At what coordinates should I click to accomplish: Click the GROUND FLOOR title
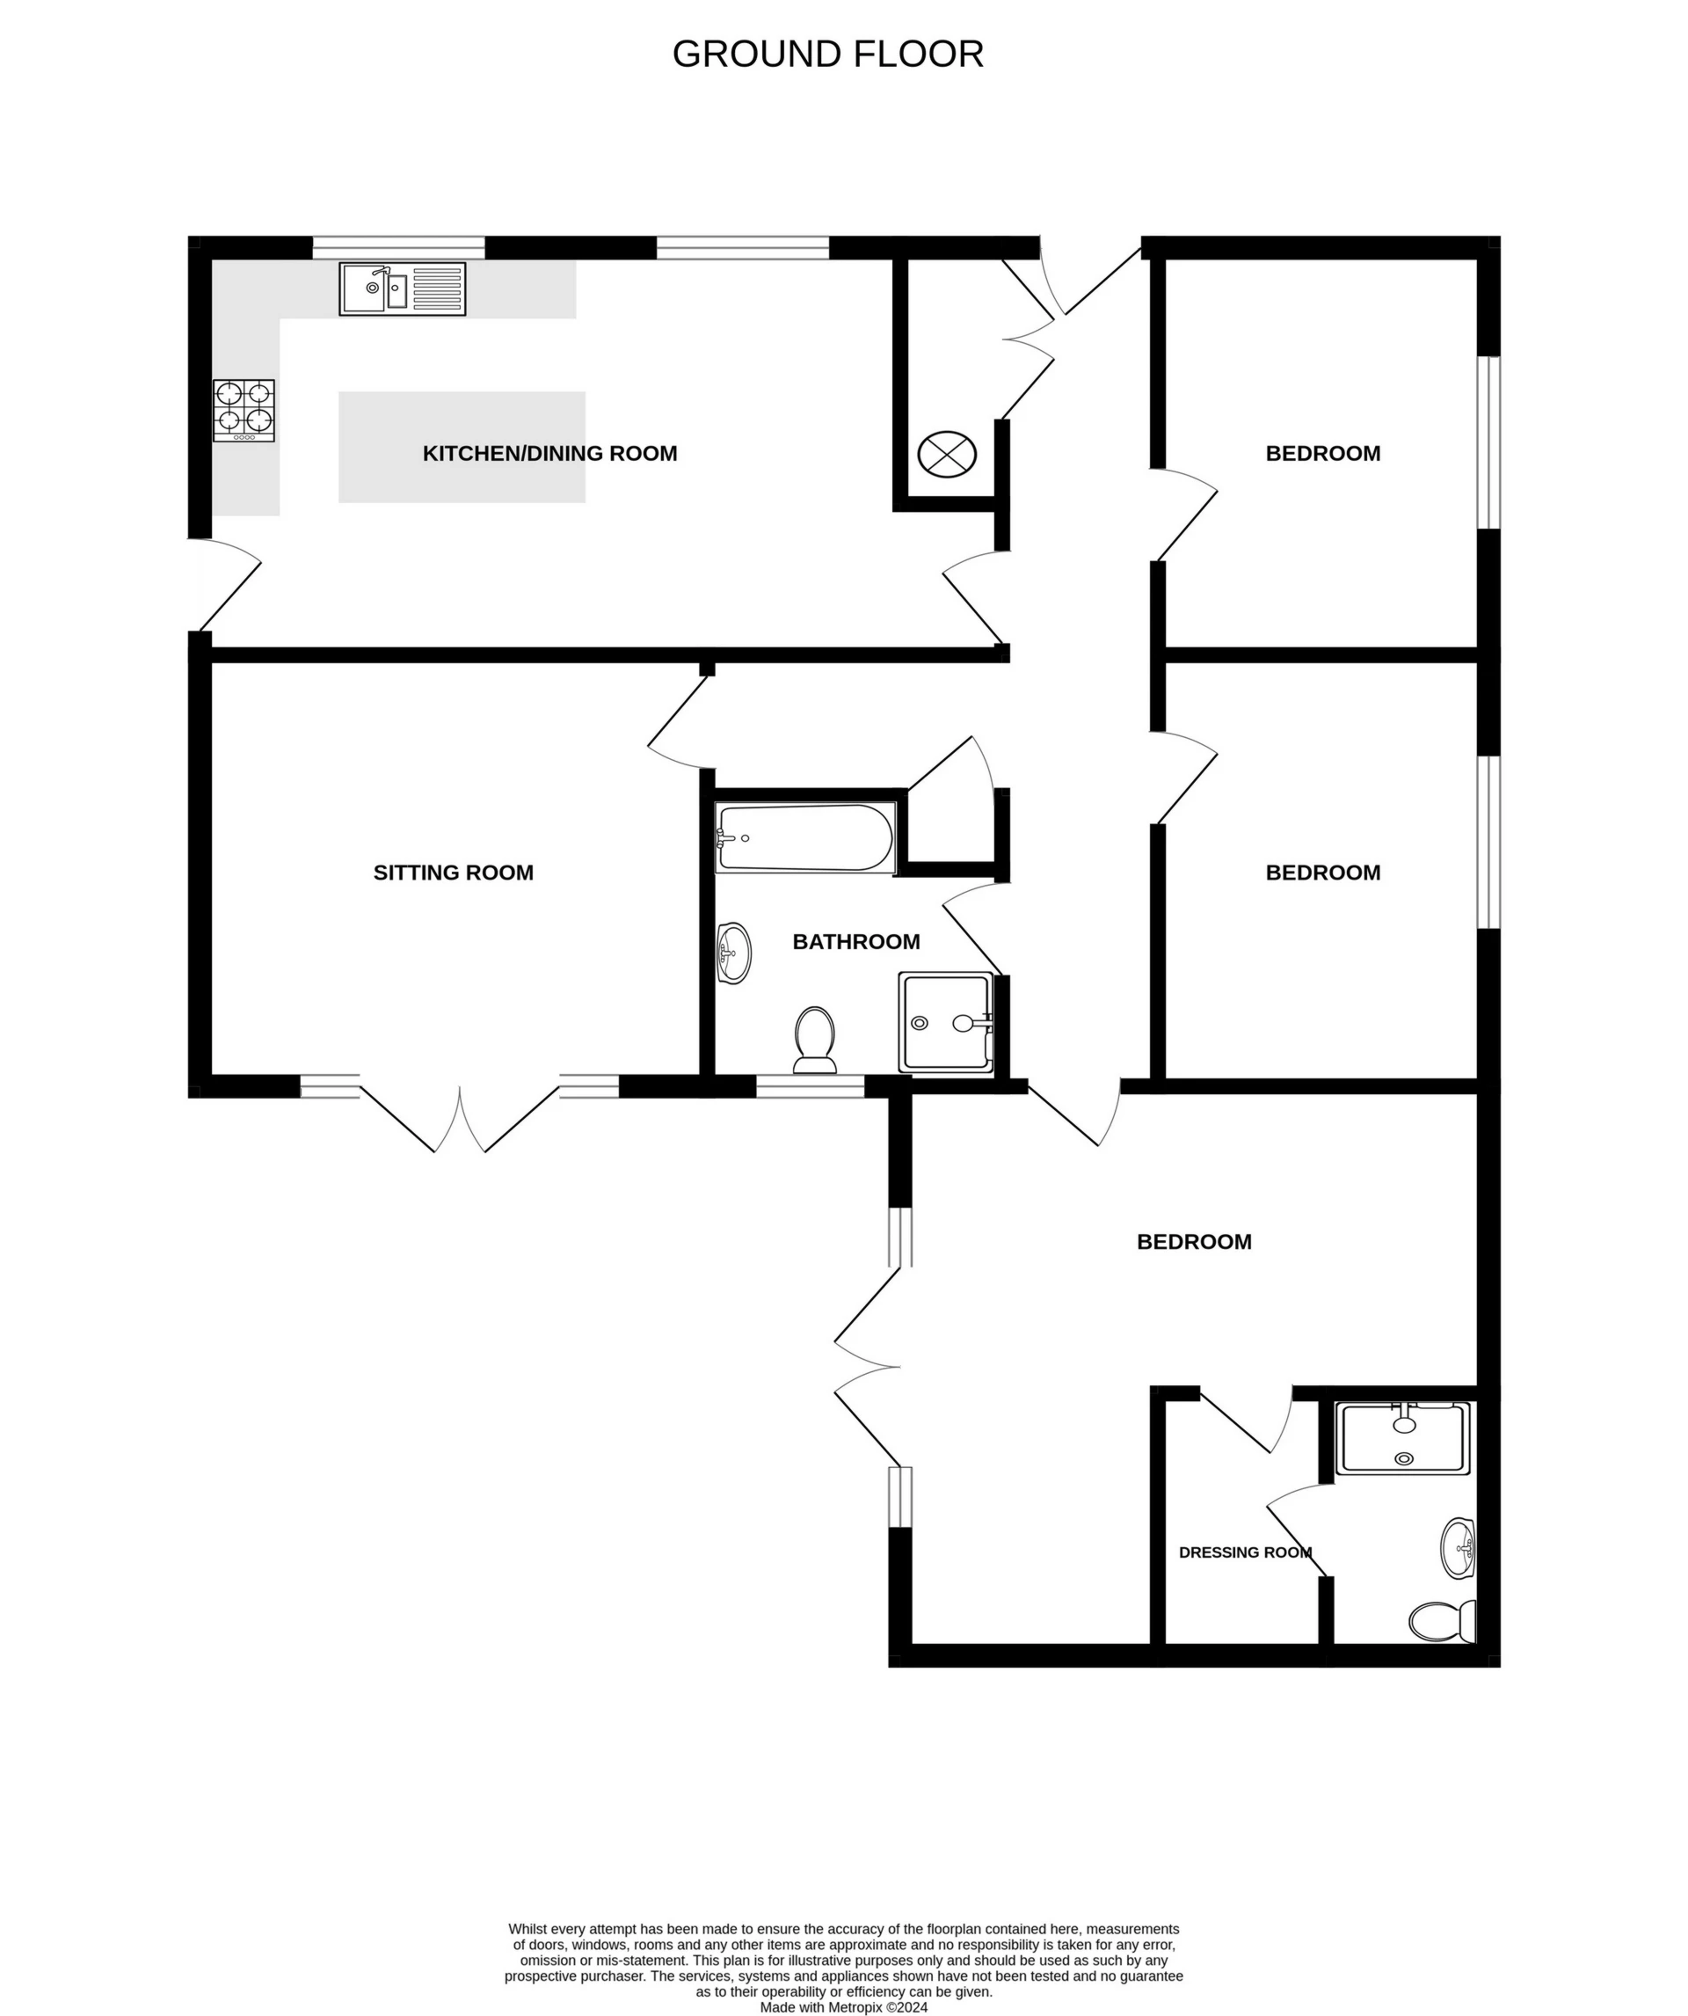click(827, 55)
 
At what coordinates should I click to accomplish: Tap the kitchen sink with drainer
click(402, 289)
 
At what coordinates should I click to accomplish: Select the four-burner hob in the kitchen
click(244, 410)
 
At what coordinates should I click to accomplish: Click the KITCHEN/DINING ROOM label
click(549, 453)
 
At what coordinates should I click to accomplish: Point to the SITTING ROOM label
click(453, 873)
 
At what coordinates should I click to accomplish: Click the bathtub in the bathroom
click(805, 838)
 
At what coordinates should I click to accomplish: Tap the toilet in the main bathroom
click(815, 1040)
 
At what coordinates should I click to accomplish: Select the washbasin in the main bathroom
click(734, 953)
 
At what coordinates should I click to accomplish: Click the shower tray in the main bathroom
click(945, 1022)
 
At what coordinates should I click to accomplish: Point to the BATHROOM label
click(856, 942)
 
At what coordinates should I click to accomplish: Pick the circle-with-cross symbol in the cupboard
click(946, 453)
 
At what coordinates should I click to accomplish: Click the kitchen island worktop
click(462, 447)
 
